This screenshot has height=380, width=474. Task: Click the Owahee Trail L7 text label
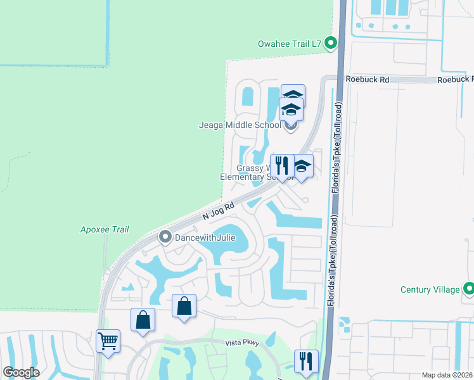coord(290,44)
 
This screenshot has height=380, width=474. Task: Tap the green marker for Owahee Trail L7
coord(331,44)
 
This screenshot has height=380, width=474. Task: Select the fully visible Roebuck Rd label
coord(367,79)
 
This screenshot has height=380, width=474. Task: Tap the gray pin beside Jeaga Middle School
coord(291,125)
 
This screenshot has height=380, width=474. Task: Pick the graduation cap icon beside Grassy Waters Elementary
coord(302,167)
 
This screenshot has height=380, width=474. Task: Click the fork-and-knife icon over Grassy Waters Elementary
coord(281,166)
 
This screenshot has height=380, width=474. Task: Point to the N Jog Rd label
coord(219,211)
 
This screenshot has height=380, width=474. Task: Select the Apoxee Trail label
coord(101,229)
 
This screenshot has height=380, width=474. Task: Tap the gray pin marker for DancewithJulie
coord(165,237)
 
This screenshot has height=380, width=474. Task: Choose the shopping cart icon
coord(108,341)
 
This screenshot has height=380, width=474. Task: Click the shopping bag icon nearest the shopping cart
coord(143,319)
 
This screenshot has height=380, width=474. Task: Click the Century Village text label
coord(430,289)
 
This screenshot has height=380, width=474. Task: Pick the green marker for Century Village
coord(468,289)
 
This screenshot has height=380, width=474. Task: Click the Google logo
coord(21,372)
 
